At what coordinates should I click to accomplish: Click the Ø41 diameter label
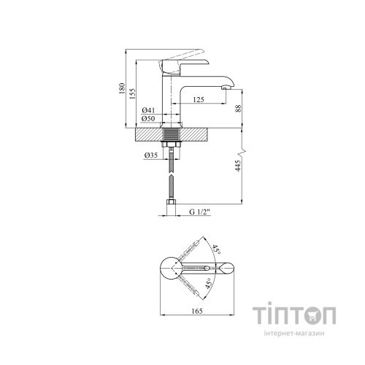[149, 109]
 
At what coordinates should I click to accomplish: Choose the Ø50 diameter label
[149, 118]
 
